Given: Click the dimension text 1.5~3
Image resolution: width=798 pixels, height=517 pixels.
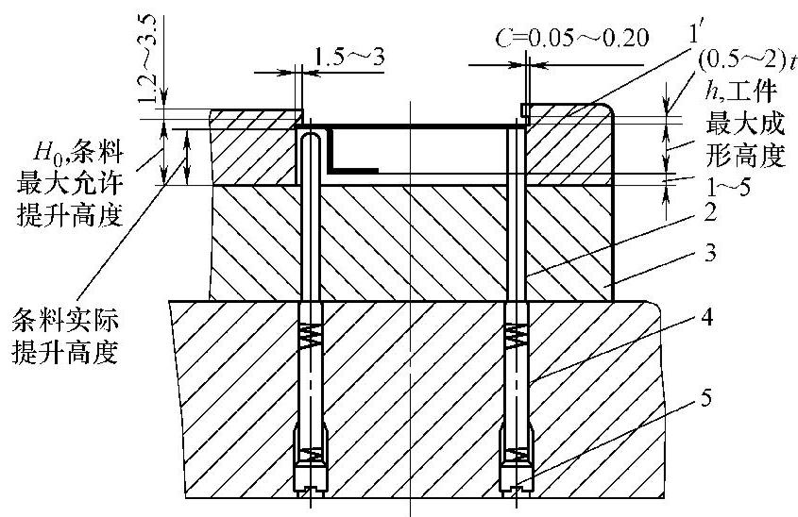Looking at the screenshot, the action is coord(349,57).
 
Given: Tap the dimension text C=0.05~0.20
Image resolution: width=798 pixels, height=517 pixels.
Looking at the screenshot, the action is coord(572,38).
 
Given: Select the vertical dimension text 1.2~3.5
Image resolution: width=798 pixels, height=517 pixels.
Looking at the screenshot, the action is coord(148,59).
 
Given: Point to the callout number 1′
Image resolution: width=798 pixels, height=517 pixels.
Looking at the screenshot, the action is coord(695,33).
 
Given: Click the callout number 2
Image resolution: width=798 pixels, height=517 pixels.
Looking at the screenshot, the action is coord(710,212).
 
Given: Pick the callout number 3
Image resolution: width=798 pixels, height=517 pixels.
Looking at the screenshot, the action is coord(711,253).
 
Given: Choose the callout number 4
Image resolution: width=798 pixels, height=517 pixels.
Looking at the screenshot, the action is coord(707,318).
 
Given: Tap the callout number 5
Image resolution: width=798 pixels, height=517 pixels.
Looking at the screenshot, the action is coord(706,398).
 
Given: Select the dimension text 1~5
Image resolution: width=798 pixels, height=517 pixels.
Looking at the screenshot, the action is coord(728,188).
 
